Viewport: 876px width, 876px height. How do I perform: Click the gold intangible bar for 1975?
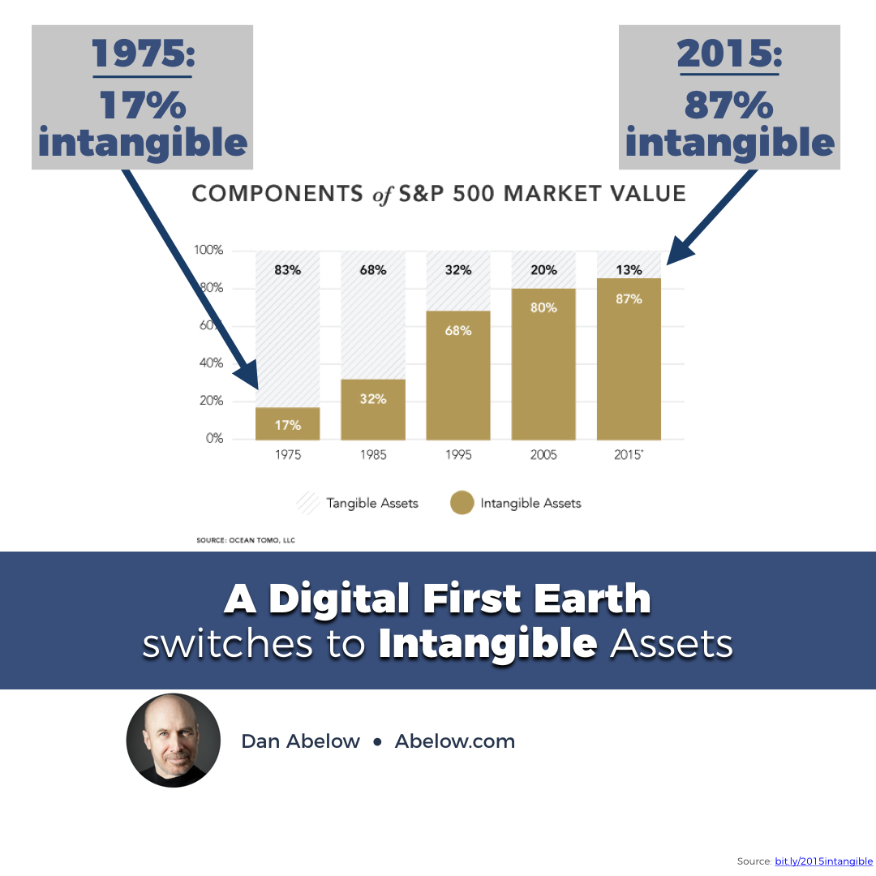click(x=288, y=423)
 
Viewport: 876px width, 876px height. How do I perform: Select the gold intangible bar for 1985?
click(x=373, y=410)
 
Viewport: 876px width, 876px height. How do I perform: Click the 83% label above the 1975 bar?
click(x=287, y=270)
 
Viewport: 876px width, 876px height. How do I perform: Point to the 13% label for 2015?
click(x=629, y=270)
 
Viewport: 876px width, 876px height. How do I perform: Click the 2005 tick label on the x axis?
click(x=543, y=455)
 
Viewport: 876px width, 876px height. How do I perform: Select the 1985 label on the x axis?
click(x=373, y=455)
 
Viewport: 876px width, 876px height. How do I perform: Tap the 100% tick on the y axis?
click(x=208, y=250)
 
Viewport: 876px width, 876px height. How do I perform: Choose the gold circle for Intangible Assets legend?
click(x=462, y=503)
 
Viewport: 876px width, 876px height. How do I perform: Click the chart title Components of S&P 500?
click(x=438, y=195)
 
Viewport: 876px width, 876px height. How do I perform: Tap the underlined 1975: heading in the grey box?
click(x=143, y=54)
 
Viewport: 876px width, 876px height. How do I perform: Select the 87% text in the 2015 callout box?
click(x=729, y=105)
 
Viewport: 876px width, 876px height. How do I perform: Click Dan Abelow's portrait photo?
click(x=174, y=741)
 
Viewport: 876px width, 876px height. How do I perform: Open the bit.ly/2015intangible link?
click(x=823, y=861)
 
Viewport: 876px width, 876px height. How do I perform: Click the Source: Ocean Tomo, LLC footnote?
click(x=246, y=539)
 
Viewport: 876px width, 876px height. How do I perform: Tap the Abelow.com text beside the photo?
click(x=454, y=741)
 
